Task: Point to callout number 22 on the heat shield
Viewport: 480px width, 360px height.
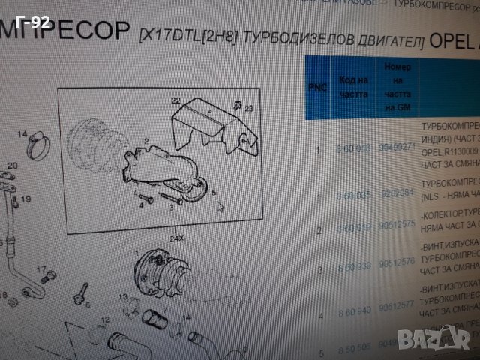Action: (175, 100)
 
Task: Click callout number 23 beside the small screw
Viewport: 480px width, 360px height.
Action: (249, 108)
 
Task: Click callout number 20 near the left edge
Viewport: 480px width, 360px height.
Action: (11, 166)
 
